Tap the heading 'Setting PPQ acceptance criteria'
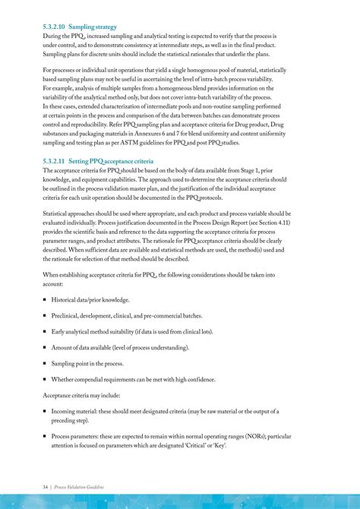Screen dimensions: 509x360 point(111,162)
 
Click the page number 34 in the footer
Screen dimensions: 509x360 point(46,485)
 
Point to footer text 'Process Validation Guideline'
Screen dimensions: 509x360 point(79,485)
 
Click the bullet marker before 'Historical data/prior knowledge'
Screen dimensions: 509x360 point(46,300)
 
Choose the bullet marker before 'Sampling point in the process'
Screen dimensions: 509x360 point(46,364)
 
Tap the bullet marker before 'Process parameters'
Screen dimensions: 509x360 point(46,436)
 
